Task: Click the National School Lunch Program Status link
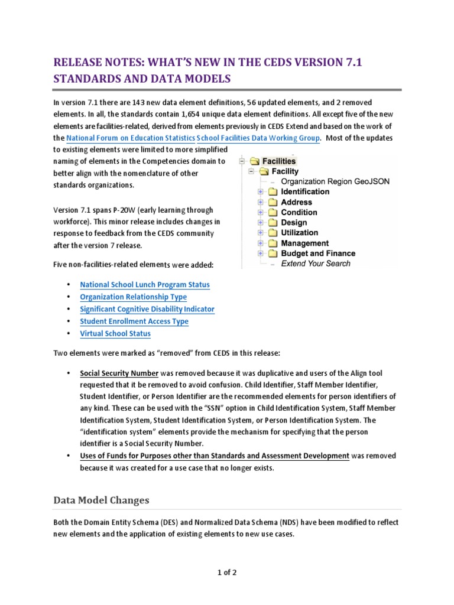144,285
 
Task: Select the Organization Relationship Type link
133,297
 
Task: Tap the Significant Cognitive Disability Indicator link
147,309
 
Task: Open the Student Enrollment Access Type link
134,321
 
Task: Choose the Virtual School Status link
115,333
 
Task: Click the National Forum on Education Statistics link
130,138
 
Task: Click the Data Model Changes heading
101,500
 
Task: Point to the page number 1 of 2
226,572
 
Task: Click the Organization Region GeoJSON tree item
335,181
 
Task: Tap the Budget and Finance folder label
318,253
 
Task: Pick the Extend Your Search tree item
316,264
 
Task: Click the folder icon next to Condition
271,213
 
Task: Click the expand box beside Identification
261,192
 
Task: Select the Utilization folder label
299,233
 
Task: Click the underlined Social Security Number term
119,373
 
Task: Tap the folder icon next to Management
271,243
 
